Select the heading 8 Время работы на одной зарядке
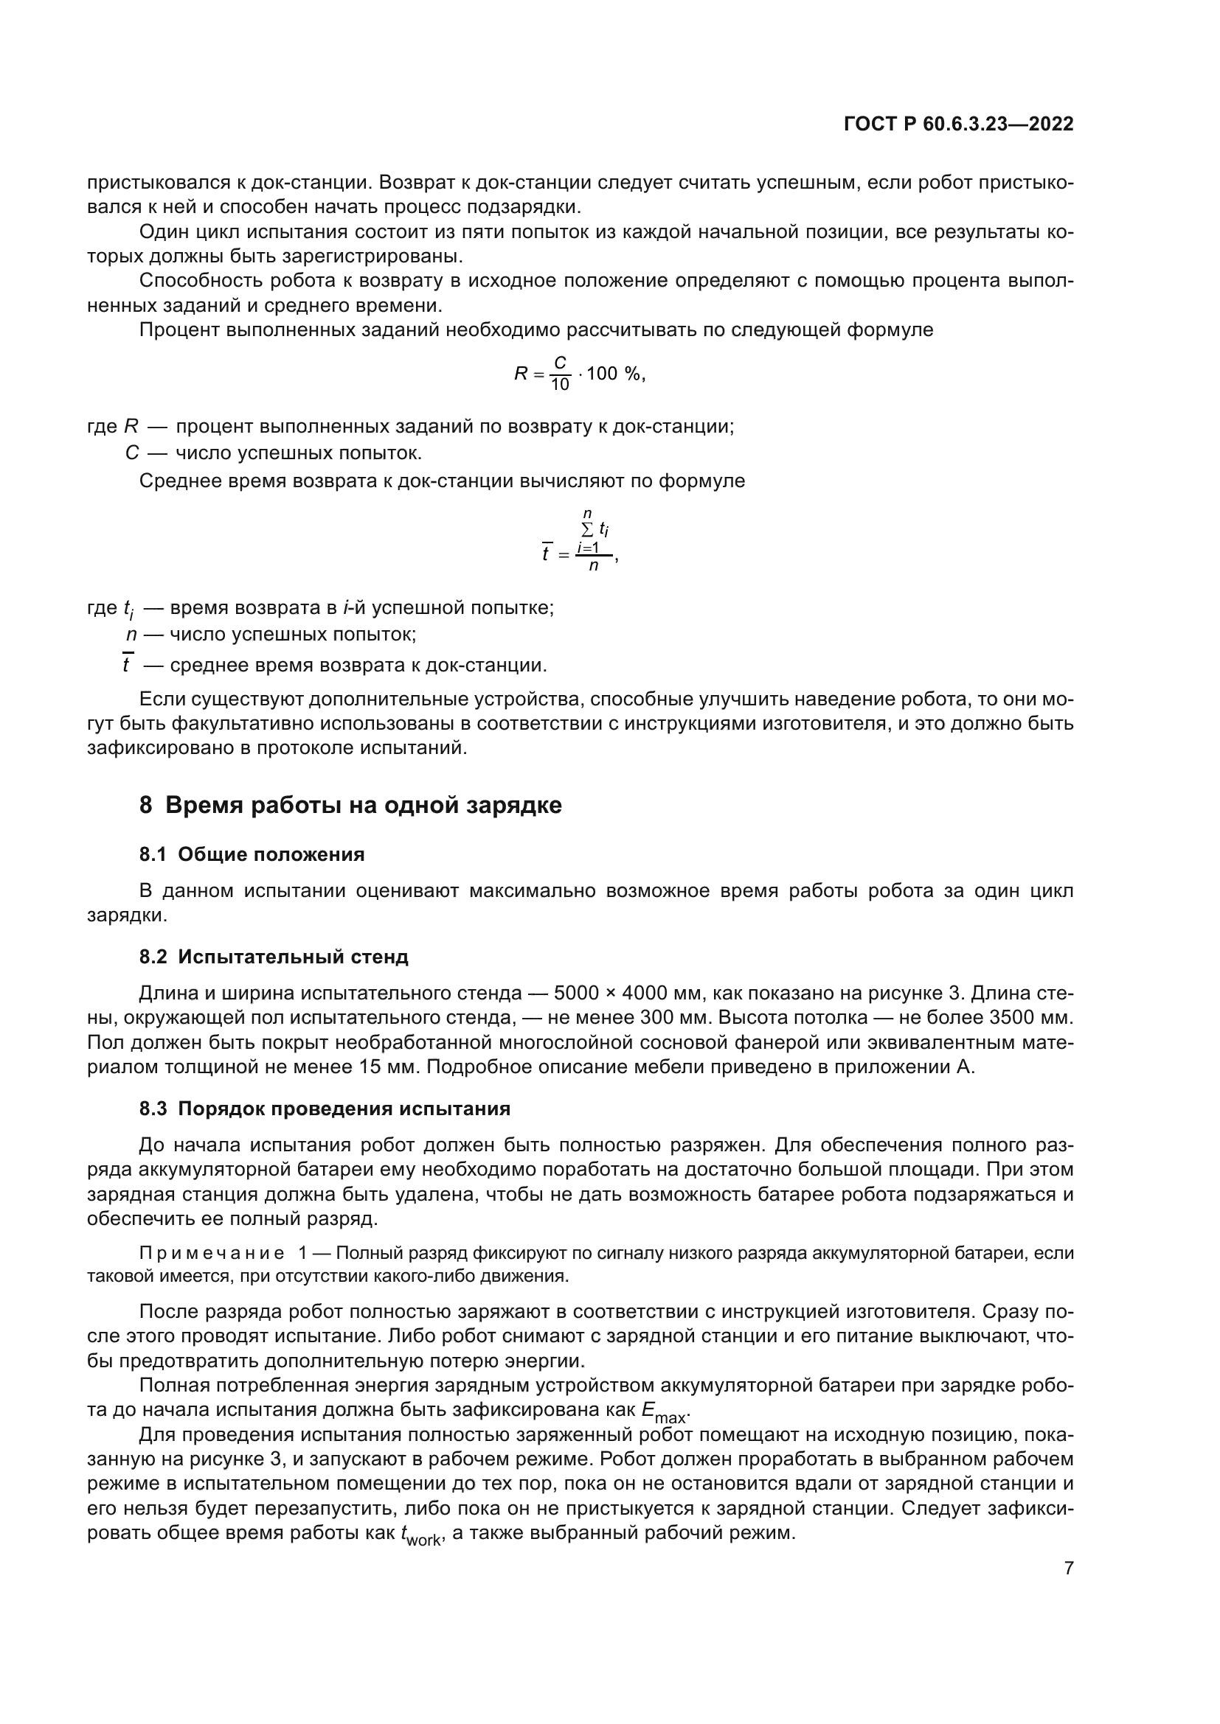pos(351,806)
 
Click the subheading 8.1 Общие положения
pos(252,854)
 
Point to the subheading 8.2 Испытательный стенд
pos(274,957)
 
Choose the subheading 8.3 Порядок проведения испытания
pos(325,1109)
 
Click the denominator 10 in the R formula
pos(560,385)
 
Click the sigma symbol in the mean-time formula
pos(587,528)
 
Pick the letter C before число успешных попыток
pos(132,453)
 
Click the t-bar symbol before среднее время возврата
pos(127,665)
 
